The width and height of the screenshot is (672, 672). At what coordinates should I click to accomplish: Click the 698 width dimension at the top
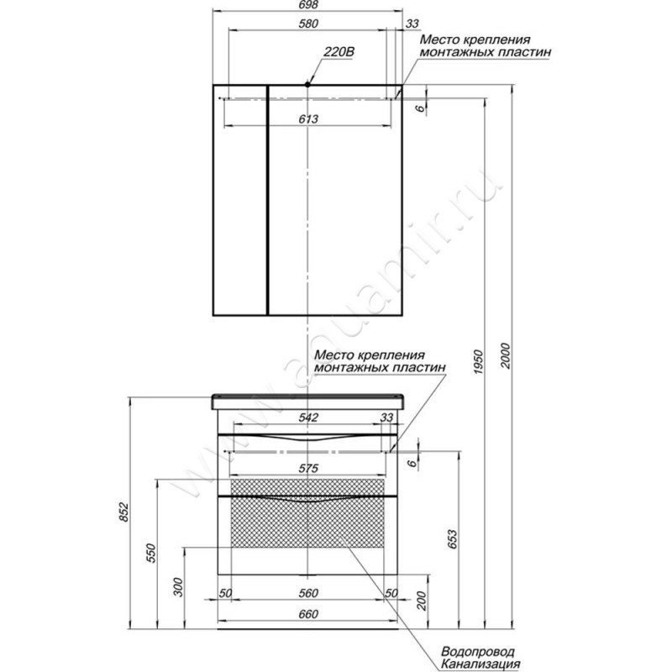pyautogui.click(x=307, y=5)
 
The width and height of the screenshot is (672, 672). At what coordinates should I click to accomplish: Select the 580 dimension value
pyautogui.click(x=308, y=24)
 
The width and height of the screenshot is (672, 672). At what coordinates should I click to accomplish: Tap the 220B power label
pyautogui.click(x=339, y=52)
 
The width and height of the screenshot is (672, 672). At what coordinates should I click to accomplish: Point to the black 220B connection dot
pyautogui.click(x=307, y=85)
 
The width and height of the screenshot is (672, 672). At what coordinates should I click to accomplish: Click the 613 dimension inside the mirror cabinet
pyautogui.click(x=308, y=118)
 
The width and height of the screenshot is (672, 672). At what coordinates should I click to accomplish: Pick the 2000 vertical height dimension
pyautogui.click(x=506, y=355)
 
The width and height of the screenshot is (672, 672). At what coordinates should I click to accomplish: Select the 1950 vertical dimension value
pyautogui.click(x=478, y=362)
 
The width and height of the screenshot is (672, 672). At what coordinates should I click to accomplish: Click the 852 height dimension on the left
pyautogui.click(x=123, y=512)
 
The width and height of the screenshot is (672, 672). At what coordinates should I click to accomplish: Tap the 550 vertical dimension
pyautogui.click(x=150, y=553)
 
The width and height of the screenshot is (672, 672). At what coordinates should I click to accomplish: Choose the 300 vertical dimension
pyautogui.click(x=178, y=587)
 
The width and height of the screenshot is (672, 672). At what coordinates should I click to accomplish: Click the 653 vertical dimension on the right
pyautogui.click(x=452, y=539)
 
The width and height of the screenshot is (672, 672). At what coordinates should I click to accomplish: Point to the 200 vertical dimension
pyautogui.click(x=422, y=601)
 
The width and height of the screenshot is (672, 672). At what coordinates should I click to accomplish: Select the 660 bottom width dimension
pyautogui.click(x=308, y=614)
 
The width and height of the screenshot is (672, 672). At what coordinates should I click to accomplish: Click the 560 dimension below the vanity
pyautogui.click(x=308, y=593)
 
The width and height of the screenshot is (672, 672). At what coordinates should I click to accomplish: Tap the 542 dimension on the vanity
pyautogui.click(x=308, y=417)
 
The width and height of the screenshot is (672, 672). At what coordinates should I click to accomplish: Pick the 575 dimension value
pyautogui.click(x=308, y=469)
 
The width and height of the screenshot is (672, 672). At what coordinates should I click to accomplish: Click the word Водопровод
pyautogui.click(x=478, y=652)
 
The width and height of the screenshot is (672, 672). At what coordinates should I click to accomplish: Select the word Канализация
pyautogui.click(x=480, y=664)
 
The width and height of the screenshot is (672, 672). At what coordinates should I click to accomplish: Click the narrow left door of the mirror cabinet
pyautogui.click(x=240, y=200)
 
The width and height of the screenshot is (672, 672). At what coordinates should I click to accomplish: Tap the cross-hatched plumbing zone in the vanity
pyautogui.click(x=307, y=513)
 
